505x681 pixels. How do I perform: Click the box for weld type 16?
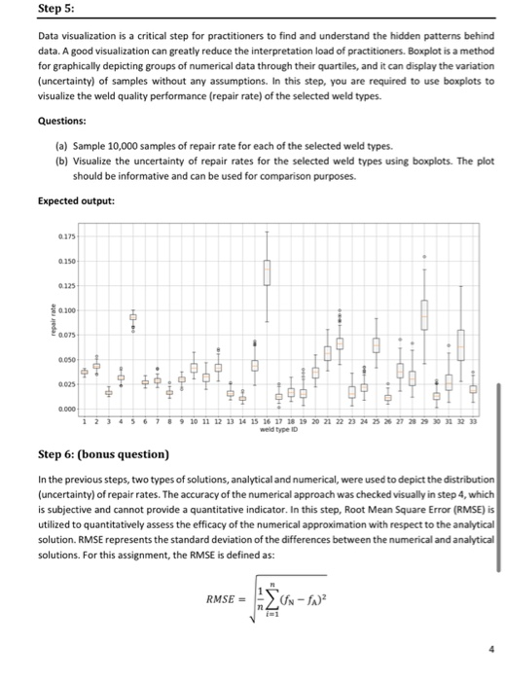[x=266, y=263]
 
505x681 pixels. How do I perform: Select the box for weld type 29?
[x=424, y=314]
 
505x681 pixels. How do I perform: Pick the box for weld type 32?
[x=461, y=343]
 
